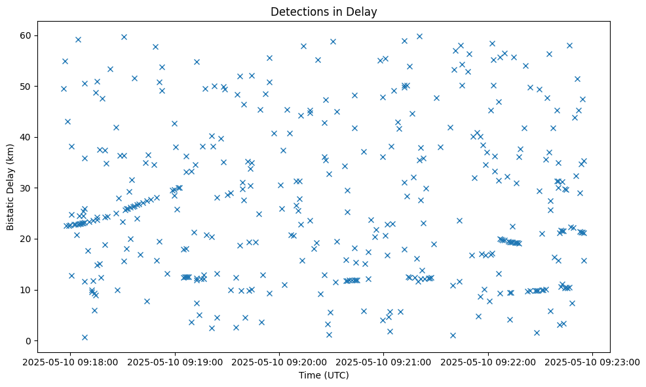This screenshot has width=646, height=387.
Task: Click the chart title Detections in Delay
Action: (x=324, y=11)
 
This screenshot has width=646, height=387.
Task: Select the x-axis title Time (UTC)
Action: (x=324, y=376)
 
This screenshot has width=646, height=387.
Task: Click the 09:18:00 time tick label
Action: (x=71, y=361)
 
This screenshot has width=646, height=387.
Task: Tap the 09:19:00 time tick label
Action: (x=175, y=361)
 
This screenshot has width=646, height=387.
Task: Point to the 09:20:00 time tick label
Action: (x=280, y=361)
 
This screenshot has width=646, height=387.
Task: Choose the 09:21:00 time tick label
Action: (x=384, y=361)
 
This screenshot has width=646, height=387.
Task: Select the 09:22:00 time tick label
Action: (x=488, y=361)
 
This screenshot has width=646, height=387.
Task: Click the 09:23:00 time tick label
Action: (x=593, y=361)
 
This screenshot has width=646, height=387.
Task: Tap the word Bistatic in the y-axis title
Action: (x=10, y=209)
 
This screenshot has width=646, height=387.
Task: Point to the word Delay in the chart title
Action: (x=364, y=11)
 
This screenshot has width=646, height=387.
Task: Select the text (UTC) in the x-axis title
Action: (x=336, y=376)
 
